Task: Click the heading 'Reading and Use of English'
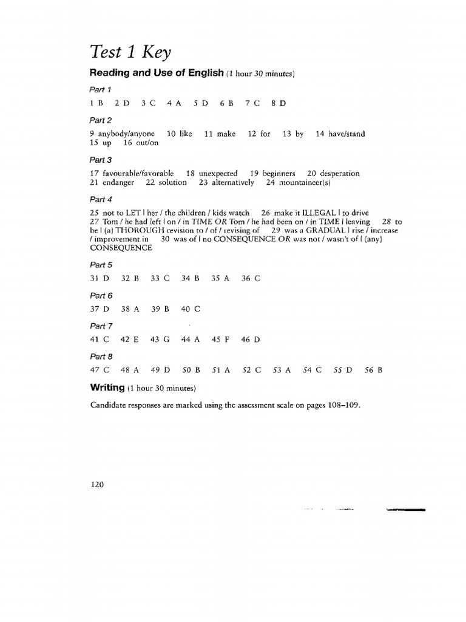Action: [x=157, y=73]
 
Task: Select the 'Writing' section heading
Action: [x=107, y=387]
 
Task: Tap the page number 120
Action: [x=97, y=485]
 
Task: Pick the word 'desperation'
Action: [x=340, y=173]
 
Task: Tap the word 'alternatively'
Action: [x=232, y=182]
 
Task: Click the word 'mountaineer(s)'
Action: [x=304, y=182]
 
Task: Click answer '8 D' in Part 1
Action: [x=279, y=103]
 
